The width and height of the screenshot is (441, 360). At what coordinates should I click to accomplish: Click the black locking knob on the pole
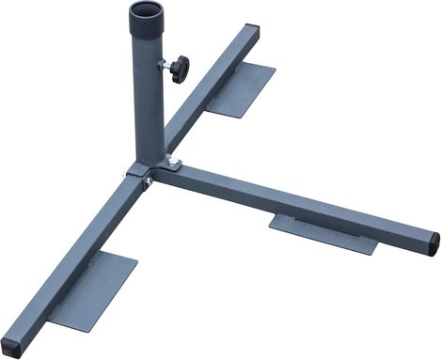[x=179, y=68]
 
